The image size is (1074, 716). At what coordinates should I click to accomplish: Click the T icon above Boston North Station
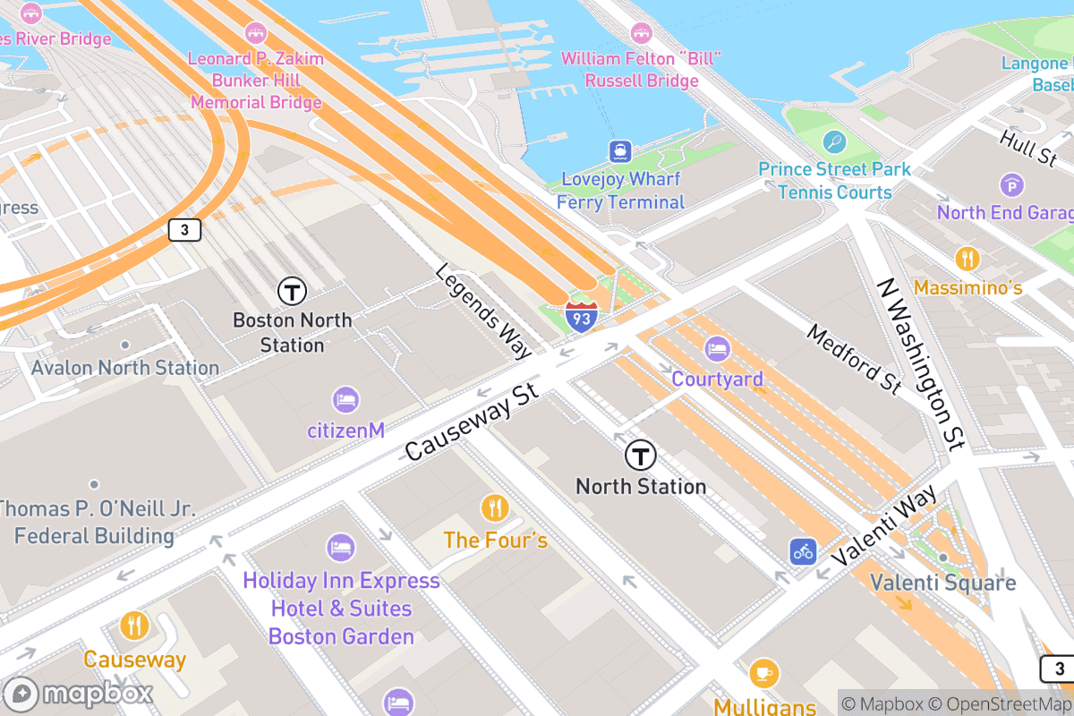pyautogui.click(x=292, y=291)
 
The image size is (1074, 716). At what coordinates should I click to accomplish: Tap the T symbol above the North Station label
pyautogui.click(x=641, y=456)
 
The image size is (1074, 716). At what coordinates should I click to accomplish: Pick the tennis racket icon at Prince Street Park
pyautogui.click(x=834, y=141)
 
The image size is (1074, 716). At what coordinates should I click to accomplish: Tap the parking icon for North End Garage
pyautogui.click(x=1011, y=185)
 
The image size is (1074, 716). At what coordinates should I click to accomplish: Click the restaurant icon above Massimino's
pyautogui.click(x=967, y=260)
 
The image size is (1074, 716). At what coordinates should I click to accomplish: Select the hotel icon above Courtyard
pyautogui.click(x=718, y=350)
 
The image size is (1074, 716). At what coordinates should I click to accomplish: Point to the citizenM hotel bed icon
pyautogui.click(x=345, y=400)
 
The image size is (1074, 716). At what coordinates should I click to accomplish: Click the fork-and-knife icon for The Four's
pyautogui.click(x=495, y=508)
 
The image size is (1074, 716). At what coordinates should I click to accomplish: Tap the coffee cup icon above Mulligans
pyautogui.click(x=763, y=672)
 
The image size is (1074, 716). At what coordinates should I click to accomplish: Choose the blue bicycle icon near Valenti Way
pyautogui.click(x=803, y=551)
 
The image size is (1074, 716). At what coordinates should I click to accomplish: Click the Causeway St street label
pyautogui.click(x=472, y=423)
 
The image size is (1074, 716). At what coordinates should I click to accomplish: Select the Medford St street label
pyautogui.click(x=854, y=359)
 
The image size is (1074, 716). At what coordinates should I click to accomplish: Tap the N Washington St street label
pyautogui.click(x=921, y=363)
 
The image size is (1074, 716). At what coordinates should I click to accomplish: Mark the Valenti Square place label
pyautogui.click(x=942, y=583)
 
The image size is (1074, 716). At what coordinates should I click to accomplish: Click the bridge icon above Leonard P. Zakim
pyautogui.click(x=256, y=33)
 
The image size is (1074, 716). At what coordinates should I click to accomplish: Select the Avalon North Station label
pyautogui.click(x=125, y=368)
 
